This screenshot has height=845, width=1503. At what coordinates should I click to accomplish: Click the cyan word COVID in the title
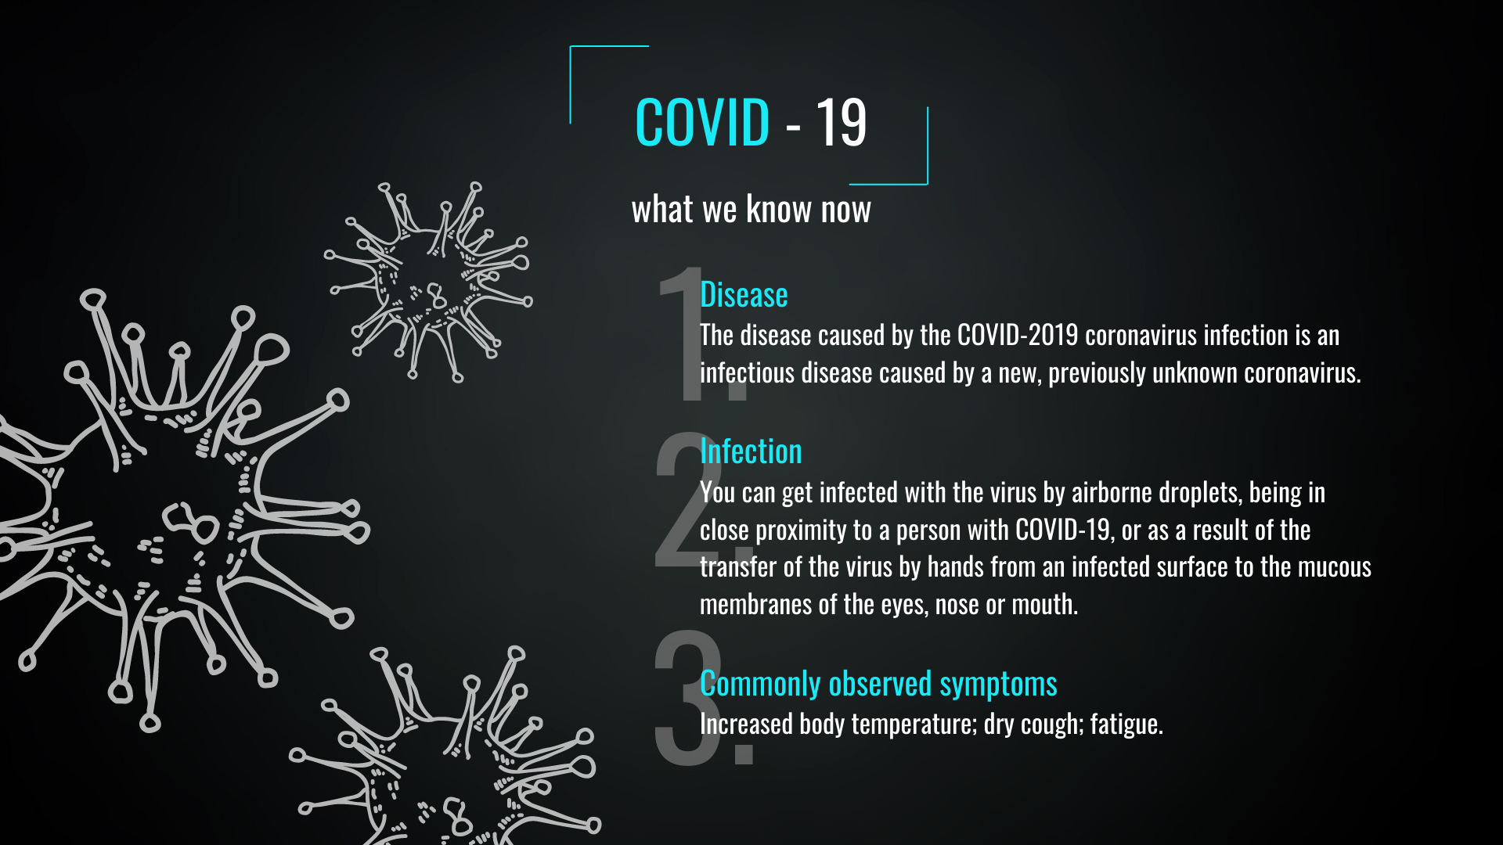click(x=702, y=123)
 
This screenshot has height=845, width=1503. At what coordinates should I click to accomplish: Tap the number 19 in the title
click(x=842, y=123)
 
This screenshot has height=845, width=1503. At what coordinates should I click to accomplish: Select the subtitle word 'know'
click(x=779, y=209)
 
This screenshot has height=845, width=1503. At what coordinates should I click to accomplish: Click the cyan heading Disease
click(x=744, y=295)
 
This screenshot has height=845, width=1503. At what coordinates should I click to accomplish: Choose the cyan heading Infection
click(x=751, y=451)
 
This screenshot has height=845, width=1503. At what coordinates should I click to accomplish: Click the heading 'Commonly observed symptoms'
click(x=878, y=684)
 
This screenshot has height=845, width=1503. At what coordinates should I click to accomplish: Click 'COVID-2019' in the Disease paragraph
click(x=1018, y=335)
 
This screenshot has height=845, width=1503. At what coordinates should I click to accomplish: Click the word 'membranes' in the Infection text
click(x=755, y=604)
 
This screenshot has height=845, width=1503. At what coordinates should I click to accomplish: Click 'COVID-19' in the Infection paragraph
click(x=1063, y=530)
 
